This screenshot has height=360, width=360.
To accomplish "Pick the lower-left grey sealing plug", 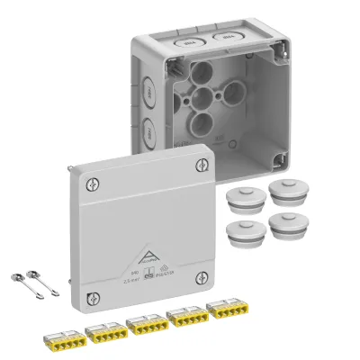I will (x=241, y=231).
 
